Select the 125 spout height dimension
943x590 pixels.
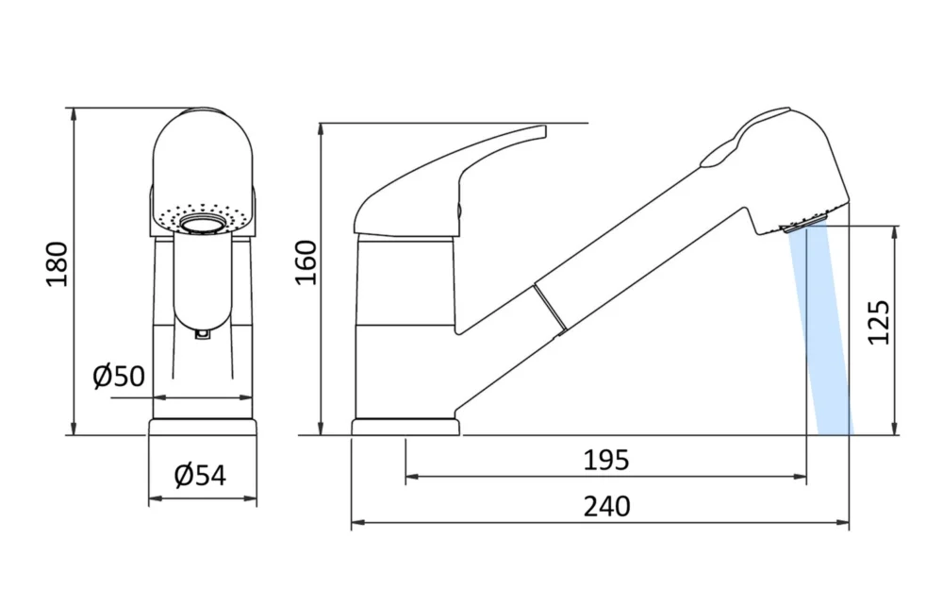coord(879,322)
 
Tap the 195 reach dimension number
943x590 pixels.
coord(605,461)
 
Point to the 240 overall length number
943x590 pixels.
coord(605,507)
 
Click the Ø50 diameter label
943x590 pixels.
coord(119,377)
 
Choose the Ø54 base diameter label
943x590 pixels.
coord(201,476)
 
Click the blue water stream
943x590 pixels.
coord(823,340)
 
